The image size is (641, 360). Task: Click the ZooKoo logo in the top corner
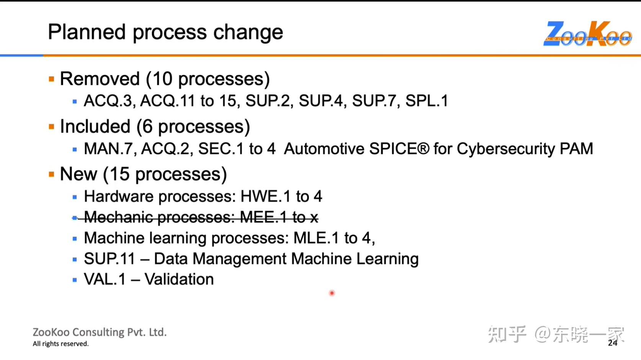587,34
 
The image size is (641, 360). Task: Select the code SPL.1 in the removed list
426,101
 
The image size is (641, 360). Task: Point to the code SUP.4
321,101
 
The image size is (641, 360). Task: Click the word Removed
100,79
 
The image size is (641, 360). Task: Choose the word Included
95,127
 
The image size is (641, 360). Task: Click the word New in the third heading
78,174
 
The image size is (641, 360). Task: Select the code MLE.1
316,238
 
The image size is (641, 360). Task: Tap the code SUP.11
109,259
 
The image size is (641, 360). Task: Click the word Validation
179,280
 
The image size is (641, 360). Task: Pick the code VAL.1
104,280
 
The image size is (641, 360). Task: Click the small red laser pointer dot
332,293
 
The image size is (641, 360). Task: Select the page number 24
612,343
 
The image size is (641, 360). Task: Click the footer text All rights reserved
60,344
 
